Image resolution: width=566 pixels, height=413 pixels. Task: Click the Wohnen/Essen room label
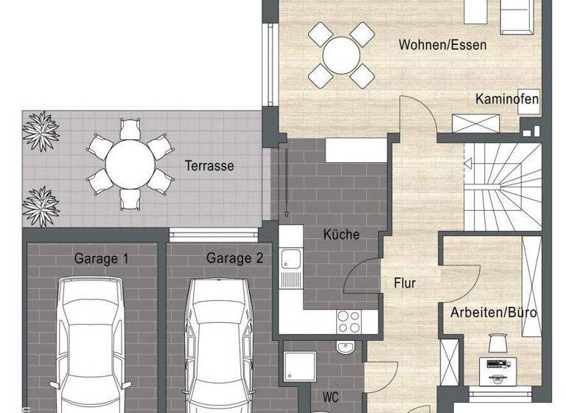[x=442, y=44]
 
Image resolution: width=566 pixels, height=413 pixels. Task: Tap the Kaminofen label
[x=506, y=99]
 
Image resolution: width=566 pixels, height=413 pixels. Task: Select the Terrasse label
[x=209, y=166]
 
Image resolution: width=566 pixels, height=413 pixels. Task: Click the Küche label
[x=341, y=235]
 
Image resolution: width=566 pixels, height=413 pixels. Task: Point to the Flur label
[x=405, y=282]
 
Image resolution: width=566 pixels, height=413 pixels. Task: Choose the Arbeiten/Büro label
[x=494, y=313]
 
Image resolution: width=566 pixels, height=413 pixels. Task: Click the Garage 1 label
[x=101, y=258]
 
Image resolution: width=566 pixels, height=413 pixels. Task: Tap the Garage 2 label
[x=234, y=258]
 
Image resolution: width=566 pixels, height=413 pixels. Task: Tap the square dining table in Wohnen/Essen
[x=341, y=54]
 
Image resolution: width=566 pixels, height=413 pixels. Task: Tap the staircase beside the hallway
[x=503, y=184]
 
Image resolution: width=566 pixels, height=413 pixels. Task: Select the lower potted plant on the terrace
[x=41, y=205]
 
